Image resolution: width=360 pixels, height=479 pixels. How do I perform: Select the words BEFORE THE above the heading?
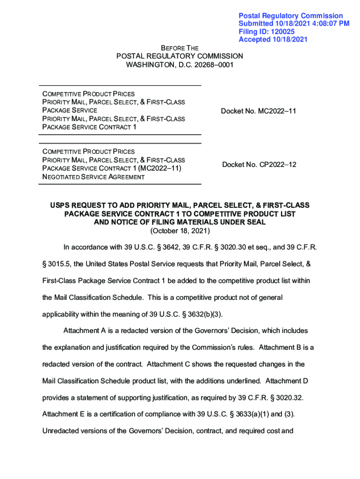(x=180, y=48)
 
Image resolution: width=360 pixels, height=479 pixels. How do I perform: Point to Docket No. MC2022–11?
(x=259, y=111)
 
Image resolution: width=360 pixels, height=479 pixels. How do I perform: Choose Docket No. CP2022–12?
(x=259, y=165)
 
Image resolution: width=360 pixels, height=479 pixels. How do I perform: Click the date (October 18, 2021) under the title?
(x=180, y=231)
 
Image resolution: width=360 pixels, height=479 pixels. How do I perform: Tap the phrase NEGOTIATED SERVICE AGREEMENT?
(x=94, y=177)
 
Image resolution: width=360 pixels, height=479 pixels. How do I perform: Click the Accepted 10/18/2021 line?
(x=273, y=39)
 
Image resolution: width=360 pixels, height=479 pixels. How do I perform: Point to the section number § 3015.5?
(x=56, y=264)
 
